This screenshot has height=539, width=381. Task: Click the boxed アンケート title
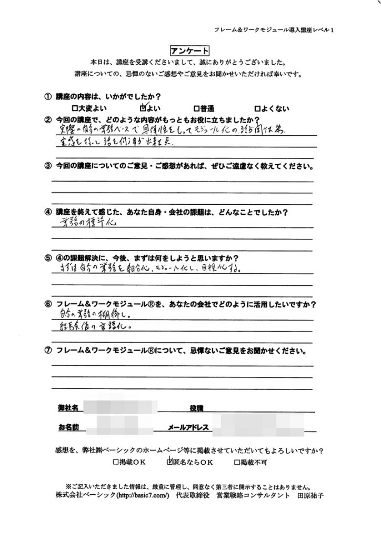(x=190, y=51)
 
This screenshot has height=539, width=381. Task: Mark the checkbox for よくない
(x=257, y=109)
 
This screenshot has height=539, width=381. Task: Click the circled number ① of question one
(x=48, y=97)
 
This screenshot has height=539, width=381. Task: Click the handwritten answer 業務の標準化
(x=85, y=222)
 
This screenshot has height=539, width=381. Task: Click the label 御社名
(x=68, y=408)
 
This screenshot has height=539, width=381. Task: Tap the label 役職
(x=196, y=408)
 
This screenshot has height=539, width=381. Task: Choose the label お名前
(x=68, y=427)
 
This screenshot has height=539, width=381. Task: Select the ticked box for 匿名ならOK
(x=169, y=463)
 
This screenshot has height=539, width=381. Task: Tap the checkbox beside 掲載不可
(x=237, y=463)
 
